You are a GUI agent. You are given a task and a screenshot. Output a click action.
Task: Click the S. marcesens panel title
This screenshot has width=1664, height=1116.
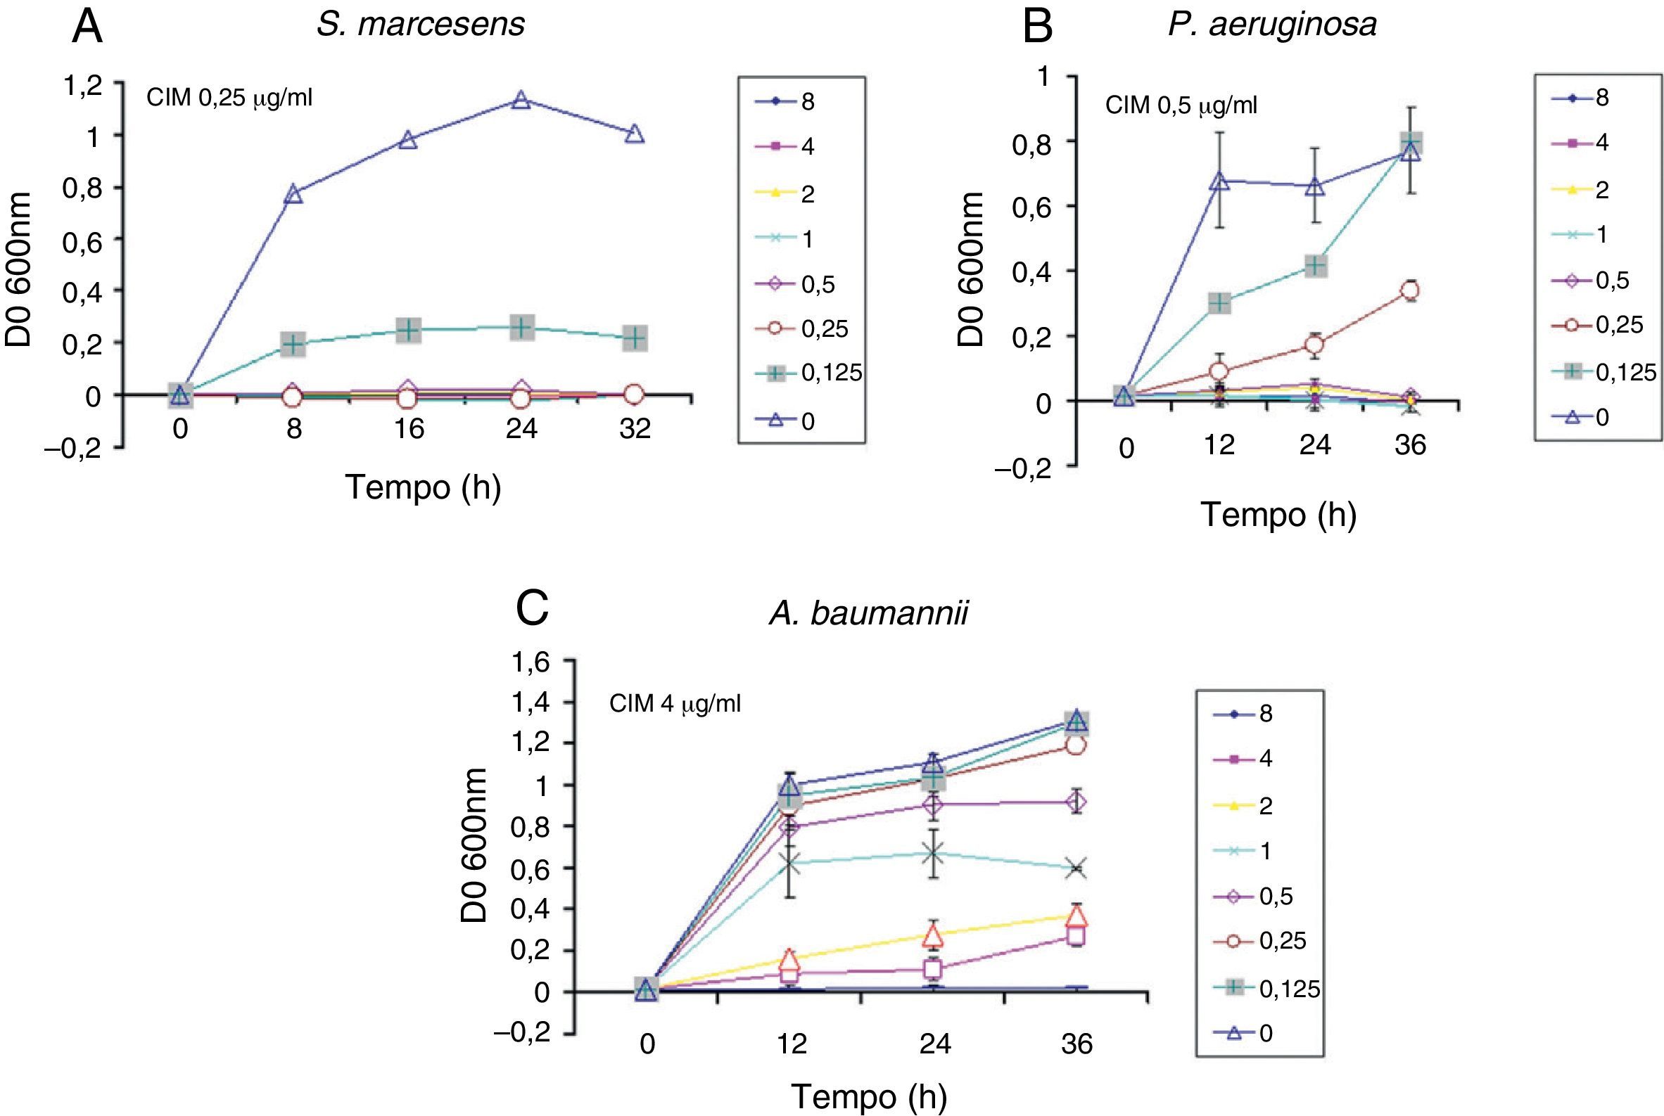point(420,24)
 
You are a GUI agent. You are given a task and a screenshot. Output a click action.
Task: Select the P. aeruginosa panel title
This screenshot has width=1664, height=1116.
point(1271,24)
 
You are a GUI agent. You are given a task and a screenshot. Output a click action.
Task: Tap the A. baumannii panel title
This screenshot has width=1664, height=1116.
point(868,612)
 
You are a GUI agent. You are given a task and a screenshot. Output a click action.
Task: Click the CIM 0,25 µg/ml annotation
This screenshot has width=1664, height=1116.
point(229,98)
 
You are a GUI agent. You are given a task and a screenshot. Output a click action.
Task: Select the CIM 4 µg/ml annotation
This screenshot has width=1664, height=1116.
point(674,705)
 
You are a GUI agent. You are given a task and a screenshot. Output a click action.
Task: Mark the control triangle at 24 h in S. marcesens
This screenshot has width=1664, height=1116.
point(521,100)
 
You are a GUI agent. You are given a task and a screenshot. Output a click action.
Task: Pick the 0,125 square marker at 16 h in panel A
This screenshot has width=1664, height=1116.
point(408,331)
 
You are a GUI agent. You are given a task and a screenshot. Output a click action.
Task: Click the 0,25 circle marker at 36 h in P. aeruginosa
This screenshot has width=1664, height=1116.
point(1409,290)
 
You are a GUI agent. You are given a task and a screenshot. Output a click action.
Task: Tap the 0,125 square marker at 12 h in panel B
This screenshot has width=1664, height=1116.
point(1220,302)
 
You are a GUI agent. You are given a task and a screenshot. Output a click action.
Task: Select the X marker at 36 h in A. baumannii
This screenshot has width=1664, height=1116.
point(1076,868)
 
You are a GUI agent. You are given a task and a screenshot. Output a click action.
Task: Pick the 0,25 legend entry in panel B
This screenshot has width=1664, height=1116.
point(1596,326)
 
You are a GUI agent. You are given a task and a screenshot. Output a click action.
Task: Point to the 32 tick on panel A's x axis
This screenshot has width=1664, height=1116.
point(635,428)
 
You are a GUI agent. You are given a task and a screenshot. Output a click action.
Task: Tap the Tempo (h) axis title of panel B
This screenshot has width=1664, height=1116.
point(1279,514)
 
